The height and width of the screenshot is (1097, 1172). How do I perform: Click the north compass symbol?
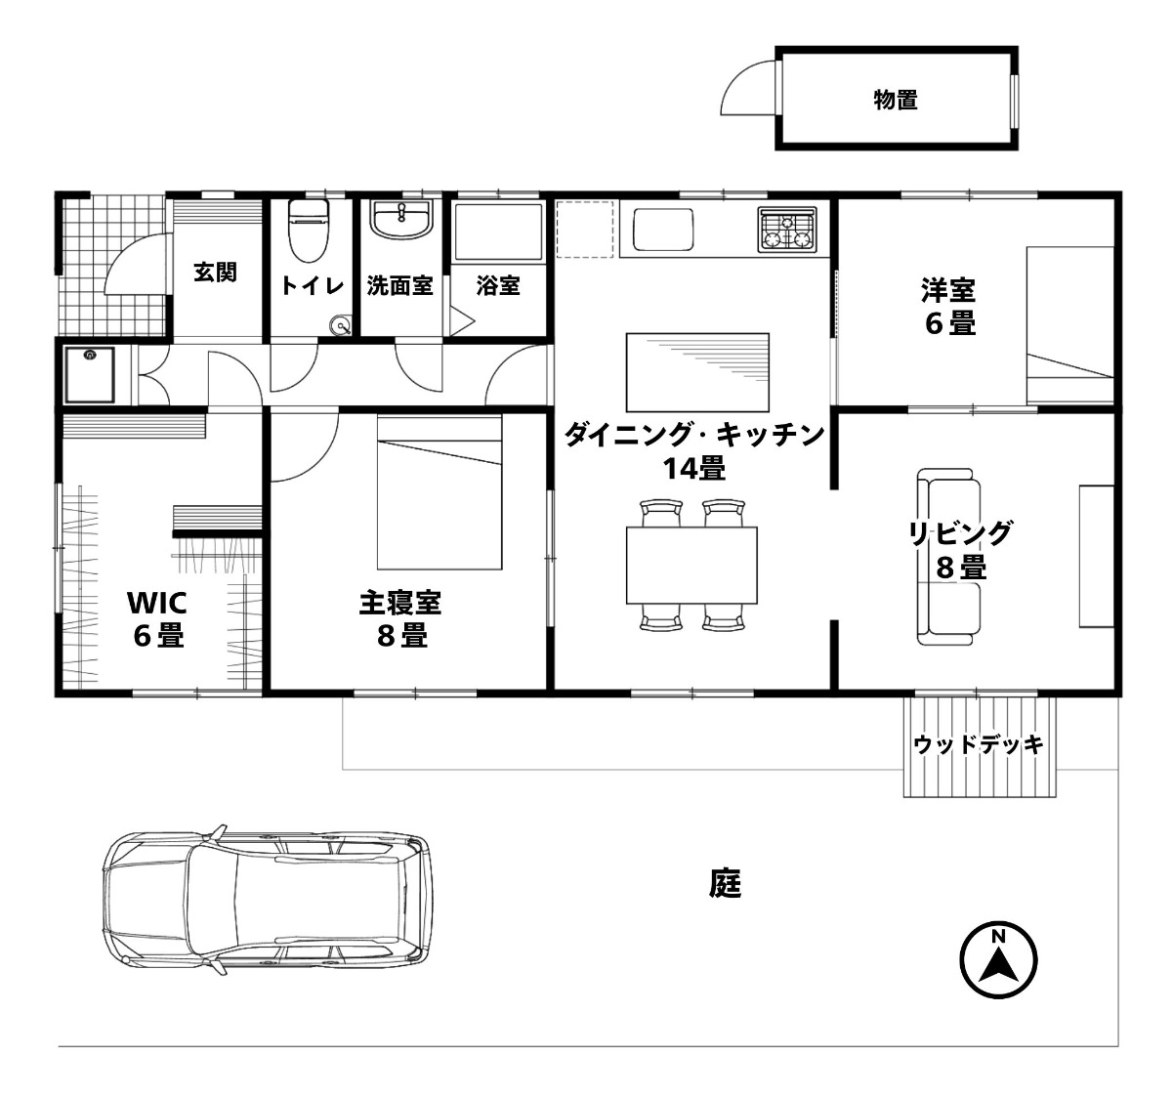point(998,959)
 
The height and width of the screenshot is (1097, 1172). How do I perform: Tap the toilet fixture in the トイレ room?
point(308,230)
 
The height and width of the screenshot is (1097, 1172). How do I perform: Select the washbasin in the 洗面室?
point(401,220)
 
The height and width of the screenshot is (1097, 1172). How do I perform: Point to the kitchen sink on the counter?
point(663,231)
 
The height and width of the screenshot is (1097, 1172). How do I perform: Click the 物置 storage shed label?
point(896,100)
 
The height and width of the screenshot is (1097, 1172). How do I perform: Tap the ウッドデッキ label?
point(979,744)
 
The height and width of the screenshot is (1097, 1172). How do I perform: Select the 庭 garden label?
point(726,883)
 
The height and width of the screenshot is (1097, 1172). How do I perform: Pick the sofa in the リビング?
point(948,556)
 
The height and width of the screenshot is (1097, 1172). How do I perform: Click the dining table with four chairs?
point(691,565)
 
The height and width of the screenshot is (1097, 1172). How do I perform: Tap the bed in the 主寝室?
point(439,492)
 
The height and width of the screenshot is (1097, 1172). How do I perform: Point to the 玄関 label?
point(216,273)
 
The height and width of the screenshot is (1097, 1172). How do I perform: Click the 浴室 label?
point(498,286)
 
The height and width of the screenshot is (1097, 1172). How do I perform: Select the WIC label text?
point(157,603)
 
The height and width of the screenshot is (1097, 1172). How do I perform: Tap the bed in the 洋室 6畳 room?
point(1070,325)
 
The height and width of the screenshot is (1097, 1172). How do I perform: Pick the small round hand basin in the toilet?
point(341,325)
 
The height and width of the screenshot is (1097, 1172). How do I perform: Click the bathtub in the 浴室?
point(497,232)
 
